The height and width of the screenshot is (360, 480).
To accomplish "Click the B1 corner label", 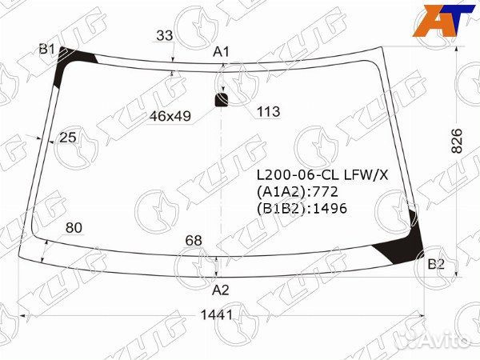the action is click(46, 49).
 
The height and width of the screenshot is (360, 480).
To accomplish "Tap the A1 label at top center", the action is click(221, 52).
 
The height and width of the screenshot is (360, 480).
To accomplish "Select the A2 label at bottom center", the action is click(221, 290).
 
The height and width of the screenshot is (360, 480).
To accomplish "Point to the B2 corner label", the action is click(436, 264).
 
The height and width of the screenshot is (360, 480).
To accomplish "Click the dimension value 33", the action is click(165, 35).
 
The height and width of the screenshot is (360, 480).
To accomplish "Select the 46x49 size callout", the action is click(170, 116).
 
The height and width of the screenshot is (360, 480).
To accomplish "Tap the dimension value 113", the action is click(269, 112).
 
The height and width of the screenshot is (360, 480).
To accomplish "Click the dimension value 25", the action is click(68, 138).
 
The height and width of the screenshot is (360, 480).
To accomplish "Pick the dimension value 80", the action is click(74, 228).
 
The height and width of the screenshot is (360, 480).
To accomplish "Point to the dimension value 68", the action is click(194, 240).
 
